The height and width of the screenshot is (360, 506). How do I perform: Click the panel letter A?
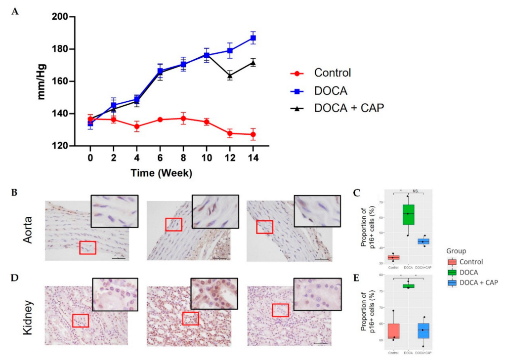click(15, 11)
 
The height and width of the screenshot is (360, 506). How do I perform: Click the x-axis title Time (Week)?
click(161, 173)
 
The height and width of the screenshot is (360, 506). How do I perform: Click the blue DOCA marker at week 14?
click(253, 38)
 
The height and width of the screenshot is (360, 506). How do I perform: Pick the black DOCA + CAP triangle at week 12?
click(230, 76)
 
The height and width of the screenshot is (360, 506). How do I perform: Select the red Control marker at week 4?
click(137, 126)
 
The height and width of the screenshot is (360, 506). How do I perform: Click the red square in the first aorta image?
click(87, 247)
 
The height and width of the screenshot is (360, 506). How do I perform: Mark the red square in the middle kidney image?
click(190, 319)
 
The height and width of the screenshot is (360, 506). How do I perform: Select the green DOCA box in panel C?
click(408, 214)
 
